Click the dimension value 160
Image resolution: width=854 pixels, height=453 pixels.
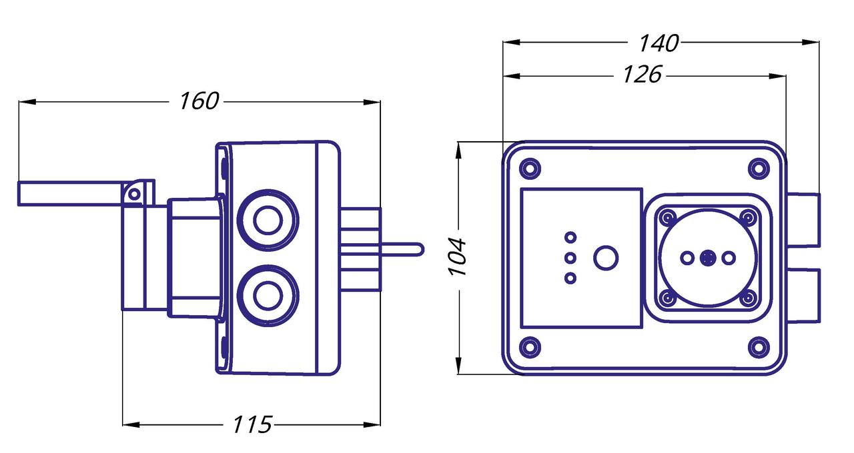(x=199, y=101)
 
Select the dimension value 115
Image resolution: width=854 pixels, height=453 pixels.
(x=252, y=424)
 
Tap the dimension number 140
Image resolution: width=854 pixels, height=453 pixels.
(x=659, y=43)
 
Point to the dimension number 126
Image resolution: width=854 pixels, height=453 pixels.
(x=642, y=75)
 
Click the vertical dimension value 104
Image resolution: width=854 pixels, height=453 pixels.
(x=458, y=256)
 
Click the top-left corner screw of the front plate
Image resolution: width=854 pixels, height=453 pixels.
(x=530, y=167)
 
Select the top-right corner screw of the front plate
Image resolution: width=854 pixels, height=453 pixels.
(x=758, y=167)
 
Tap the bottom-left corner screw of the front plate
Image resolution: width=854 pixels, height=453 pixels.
(x=530, y=346)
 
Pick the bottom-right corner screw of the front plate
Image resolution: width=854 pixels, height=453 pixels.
(x=758, y=346)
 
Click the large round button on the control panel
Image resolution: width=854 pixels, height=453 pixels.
(x=606, y=258)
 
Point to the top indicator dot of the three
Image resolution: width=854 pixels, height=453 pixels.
(x=570, y=237)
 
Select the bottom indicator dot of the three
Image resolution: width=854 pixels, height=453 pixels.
(x=570, y=278)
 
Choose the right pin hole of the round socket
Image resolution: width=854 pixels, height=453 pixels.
(x=729, y=257)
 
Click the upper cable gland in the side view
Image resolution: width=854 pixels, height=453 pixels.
(x=268, y=221)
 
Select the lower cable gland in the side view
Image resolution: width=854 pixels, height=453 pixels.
(x=268, y=294)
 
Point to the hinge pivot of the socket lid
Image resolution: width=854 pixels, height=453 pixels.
(x=134, y=194)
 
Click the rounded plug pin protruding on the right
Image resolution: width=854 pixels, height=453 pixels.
(x=400, y=249)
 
